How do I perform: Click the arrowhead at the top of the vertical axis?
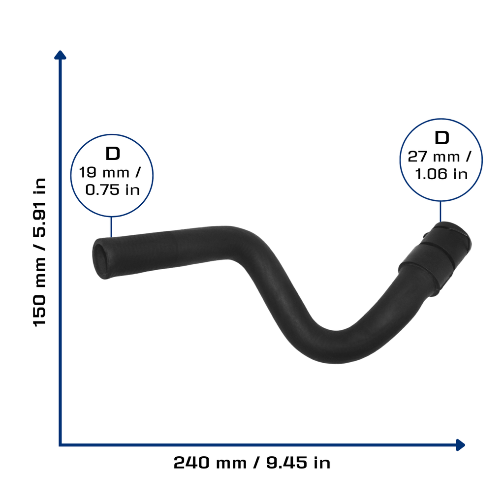pos(60,55)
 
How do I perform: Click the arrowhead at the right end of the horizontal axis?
pos(461,445)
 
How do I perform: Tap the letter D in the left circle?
pos(113,154)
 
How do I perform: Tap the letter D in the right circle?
pos(441,138)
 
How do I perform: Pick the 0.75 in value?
pos(113,189)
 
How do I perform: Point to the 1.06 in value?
pos(441,174)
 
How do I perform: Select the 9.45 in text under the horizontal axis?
pos(298,463)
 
